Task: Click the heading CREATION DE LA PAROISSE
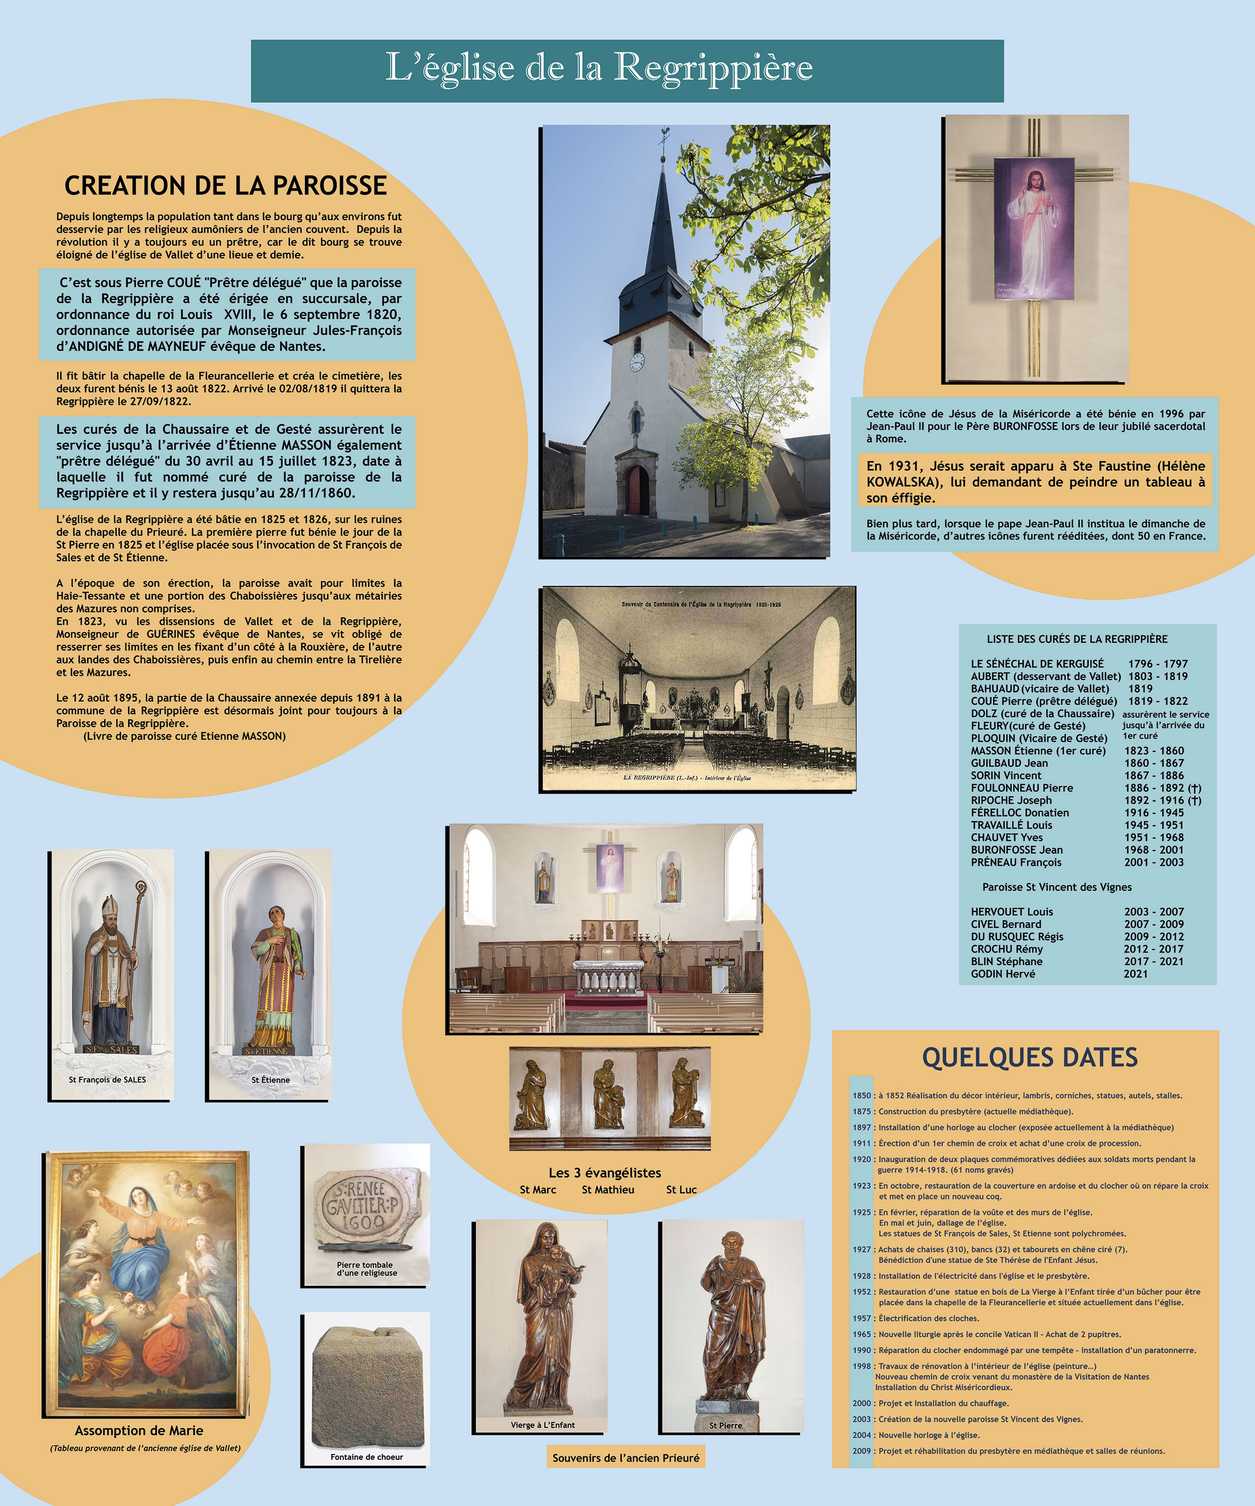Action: (225, 186)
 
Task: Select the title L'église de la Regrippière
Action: (599, 68)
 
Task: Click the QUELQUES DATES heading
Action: (1030, 1058)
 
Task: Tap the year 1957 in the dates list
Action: (861, 1318)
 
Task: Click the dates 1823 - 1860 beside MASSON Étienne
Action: (1154, 751)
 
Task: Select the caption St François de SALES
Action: (107, 1080)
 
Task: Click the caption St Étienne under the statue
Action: (270, 1080)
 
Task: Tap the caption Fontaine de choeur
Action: (367, 1457)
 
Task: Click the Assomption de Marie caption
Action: (139, 1431)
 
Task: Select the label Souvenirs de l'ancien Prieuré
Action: (625, 1458)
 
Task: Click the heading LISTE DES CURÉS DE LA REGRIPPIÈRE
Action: (1076, 639)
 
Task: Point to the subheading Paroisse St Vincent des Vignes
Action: (1056, 887)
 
